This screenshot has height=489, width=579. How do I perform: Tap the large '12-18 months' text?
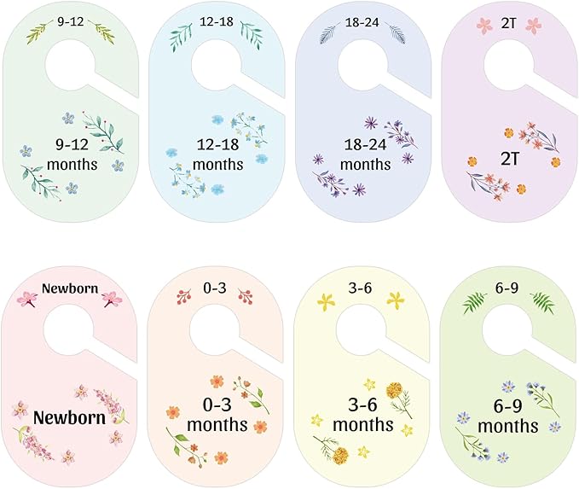(x=217, y=154)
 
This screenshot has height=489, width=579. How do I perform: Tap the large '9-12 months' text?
(x=72, y=154)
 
